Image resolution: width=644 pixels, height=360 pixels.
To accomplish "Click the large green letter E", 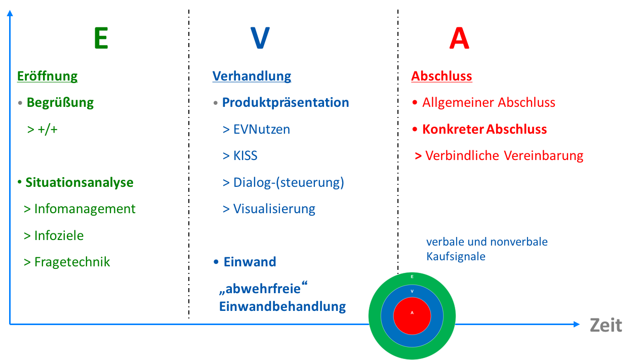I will (101, 38).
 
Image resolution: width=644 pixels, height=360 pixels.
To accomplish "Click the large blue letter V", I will (260, 38).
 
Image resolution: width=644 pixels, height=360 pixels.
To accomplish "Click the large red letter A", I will (459, 39).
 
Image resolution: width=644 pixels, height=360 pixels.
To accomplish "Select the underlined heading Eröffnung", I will (48, 76).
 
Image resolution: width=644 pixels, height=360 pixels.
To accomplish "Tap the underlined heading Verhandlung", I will (252, 76).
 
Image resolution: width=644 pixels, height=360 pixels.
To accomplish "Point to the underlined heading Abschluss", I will (441, 76).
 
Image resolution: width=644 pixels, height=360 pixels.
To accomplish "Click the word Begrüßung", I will (60, 103).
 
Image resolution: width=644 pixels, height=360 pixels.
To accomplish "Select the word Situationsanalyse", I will (79, 182).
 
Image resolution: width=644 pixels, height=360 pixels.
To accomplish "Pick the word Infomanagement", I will (85, 209).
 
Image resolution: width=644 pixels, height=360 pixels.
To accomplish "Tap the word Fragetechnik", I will (72, 262).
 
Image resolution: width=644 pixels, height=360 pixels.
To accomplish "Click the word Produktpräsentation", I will (286, 103).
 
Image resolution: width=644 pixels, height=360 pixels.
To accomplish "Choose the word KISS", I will (245, 155).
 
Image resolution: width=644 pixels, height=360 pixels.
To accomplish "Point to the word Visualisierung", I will (274, 209).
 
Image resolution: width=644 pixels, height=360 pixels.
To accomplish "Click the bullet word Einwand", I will (250, 262).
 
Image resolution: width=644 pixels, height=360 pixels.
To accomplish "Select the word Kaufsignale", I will (456, 257).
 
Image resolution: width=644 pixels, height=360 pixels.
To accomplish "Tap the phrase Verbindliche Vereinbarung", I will (504, 155).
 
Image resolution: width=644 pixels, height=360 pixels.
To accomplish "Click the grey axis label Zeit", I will (606, 325).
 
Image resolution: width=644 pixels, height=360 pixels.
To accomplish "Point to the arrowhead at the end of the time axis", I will (577, 324).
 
